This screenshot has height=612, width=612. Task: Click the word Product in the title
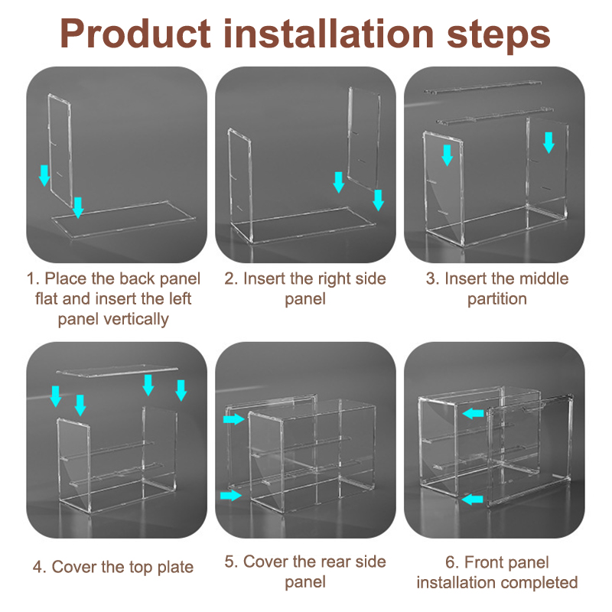click(135, 34)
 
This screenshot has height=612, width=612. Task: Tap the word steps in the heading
click(499, 35)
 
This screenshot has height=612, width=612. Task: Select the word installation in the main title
click(329, 34)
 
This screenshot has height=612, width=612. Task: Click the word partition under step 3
click(496, 300)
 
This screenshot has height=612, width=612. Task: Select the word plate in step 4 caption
click(175, 568)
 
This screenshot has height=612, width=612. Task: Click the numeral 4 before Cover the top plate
click(37, 567)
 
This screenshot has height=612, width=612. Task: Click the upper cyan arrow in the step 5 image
click(234, 419)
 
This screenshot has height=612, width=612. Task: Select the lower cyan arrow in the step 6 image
click(472, 499)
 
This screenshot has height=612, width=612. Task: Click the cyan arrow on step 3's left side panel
click(447, 155)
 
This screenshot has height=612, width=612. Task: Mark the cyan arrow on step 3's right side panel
click(549, 142)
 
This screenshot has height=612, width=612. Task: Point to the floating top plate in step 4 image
click(117, 371)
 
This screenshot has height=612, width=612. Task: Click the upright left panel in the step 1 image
click(60, 149)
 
